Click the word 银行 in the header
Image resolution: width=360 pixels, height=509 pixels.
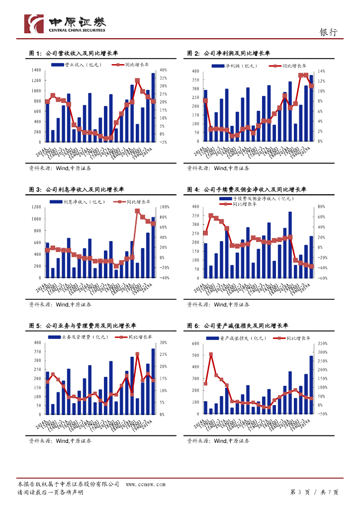click(328, 32)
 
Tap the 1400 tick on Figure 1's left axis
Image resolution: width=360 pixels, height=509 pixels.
click(36, 70)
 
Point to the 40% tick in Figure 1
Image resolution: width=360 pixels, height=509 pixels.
click(164, 70)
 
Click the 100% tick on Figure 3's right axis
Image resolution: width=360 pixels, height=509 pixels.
click(165, 206)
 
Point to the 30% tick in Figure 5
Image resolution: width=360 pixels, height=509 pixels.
click(164, 343)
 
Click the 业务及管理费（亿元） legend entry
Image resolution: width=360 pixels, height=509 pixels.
click(80, 337)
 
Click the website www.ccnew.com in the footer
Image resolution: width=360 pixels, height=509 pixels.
click(145, 484)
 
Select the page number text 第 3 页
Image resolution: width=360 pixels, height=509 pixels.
click(300, 492)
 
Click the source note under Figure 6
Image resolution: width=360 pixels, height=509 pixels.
click(218, 440)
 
